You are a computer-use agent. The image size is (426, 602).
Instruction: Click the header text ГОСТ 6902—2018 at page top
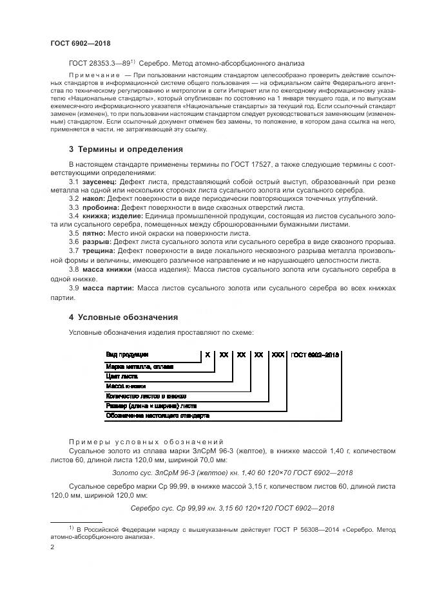tap(81, 43)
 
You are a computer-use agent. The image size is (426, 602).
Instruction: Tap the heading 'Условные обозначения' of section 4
tap(128, 317)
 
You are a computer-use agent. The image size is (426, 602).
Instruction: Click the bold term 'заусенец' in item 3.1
tap(101, 183)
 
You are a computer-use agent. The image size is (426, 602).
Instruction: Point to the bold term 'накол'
tap(95, 200)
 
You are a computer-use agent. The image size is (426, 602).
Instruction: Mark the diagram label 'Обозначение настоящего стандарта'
tap(157, 416)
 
